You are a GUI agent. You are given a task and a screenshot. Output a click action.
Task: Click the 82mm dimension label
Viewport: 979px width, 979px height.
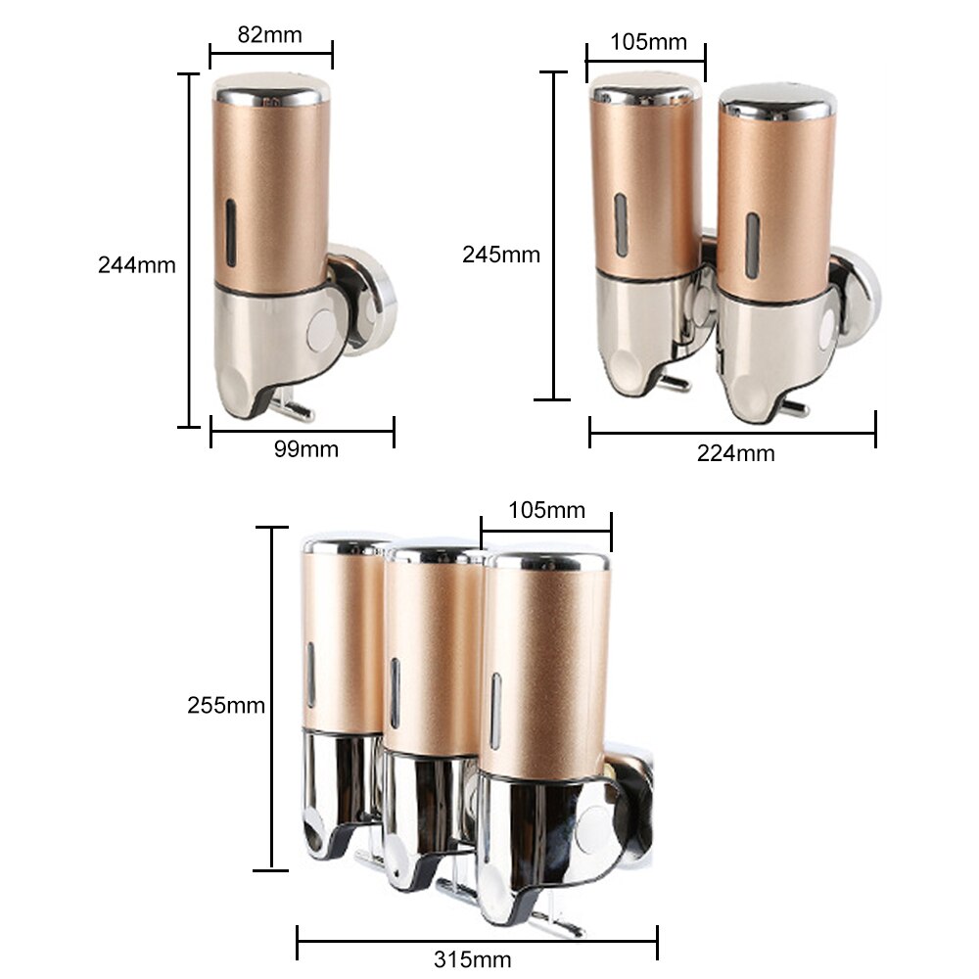[x=270, y=34]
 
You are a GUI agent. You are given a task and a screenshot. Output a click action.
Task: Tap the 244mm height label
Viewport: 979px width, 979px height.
[x=136, y=264]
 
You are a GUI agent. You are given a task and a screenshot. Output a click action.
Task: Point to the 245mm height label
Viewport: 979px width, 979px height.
[x=500, y=255]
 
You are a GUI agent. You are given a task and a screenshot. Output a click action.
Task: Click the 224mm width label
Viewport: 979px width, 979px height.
[x=735, y=453]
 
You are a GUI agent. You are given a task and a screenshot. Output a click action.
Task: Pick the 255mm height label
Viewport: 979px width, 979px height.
[x=226, y=705]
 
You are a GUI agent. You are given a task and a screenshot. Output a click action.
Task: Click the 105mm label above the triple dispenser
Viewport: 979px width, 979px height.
[x=546, y=510]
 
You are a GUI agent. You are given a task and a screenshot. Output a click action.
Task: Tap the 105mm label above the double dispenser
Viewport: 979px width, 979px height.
[x=648, y=42]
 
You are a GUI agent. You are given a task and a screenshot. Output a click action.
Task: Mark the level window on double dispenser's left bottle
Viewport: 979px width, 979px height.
[x=620, y=225]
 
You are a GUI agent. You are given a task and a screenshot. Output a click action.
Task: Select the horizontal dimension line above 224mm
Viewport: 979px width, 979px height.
[x=732, y=433]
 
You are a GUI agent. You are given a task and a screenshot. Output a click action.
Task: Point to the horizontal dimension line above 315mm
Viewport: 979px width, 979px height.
[x=477, y=942]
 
